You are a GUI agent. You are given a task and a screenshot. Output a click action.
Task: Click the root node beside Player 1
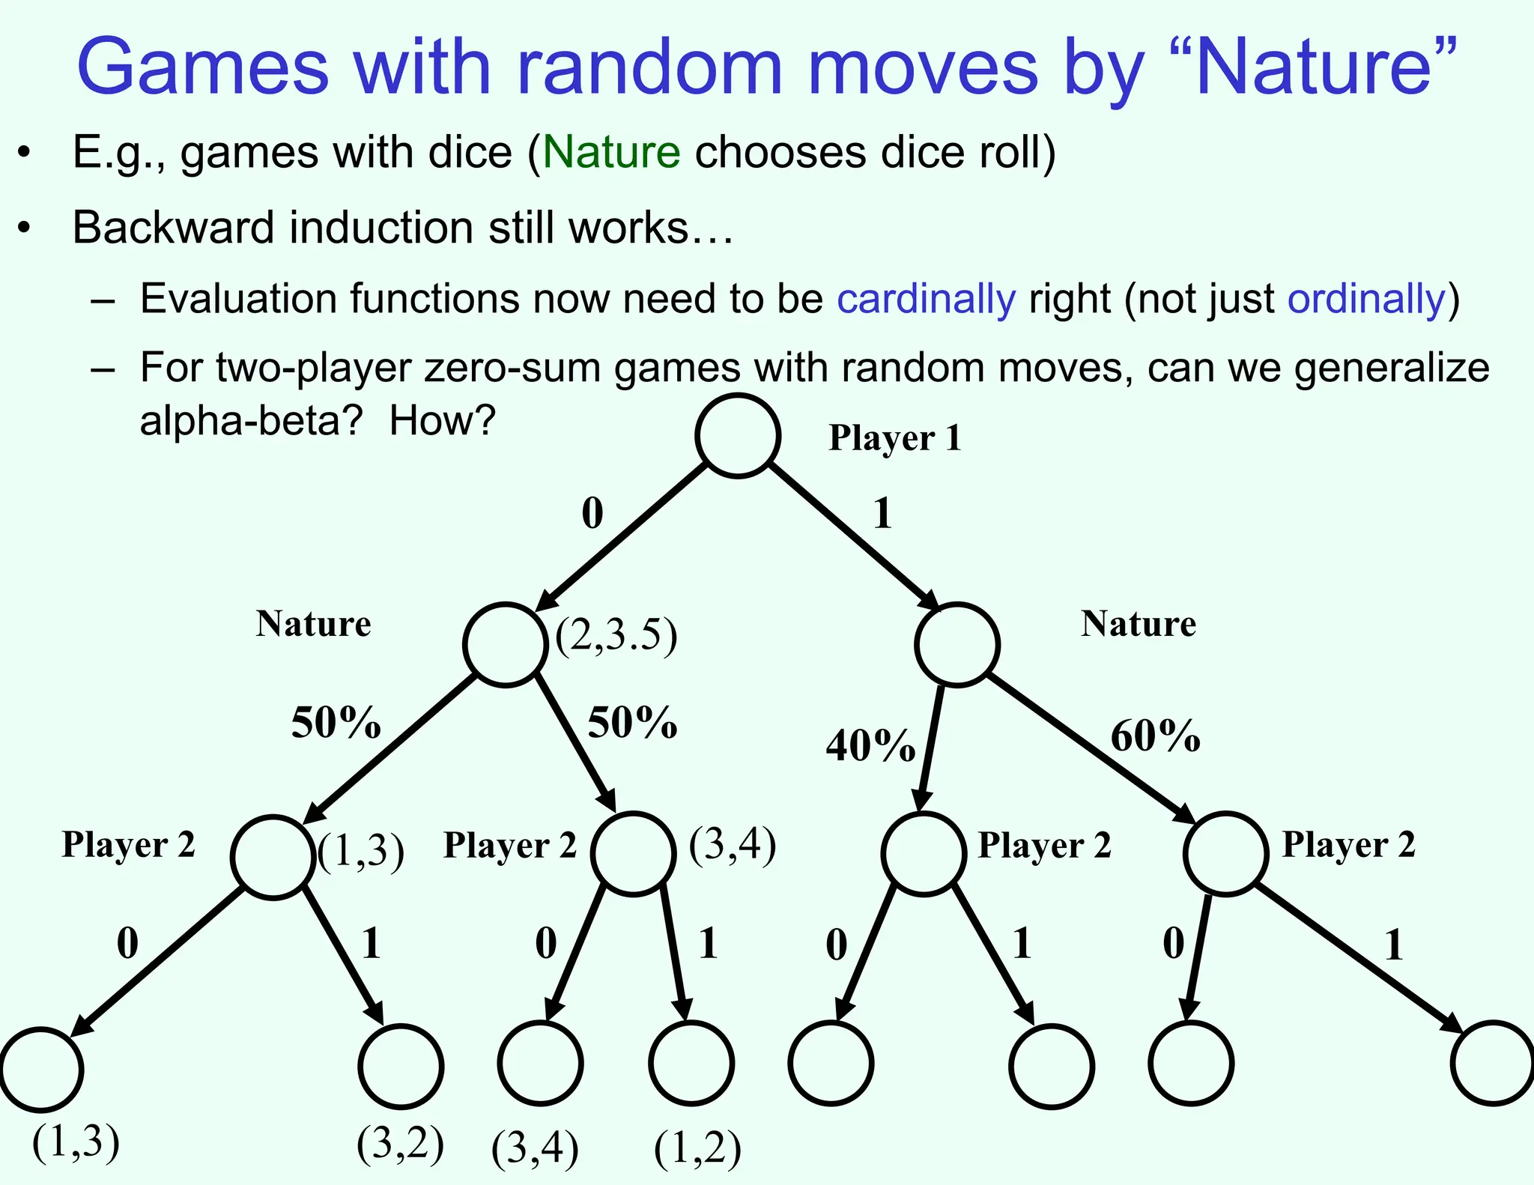[738, 435]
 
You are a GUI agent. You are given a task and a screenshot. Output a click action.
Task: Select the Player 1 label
[894, 438]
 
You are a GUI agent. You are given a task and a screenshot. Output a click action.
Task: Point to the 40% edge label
[870, 745]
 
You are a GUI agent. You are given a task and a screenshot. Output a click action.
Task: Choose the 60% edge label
[1155, 736]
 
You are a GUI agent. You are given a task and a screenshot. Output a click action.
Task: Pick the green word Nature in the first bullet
[611, 152]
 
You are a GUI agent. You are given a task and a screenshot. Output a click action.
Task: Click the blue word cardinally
[926, 299]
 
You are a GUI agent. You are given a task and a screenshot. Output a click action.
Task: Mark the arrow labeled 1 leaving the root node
[854, 537]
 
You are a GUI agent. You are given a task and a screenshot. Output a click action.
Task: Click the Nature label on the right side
[1138, 624]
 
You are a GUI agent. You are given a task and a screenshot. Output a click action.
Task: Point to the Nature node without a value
[957, 645]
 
